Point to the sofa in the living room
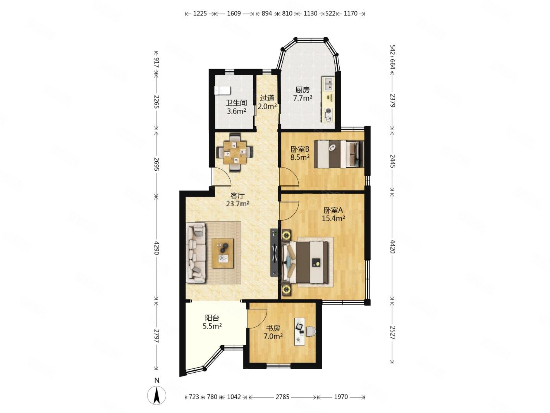tap(196, 253)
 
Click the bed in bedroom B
tap(339, 154)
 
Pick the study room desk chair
tap(311, 331)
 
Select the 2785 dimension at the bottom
tap(282, 397)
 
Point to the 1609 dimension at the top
tap(234, 13)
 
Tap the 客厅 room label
tap(237, 195)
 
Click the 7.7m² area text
tap(302, 98)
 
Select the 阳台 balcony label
tap(212, 318)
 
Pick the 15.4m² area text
tap(333, 218)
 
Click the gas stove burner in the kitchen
tap(328, 111)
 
